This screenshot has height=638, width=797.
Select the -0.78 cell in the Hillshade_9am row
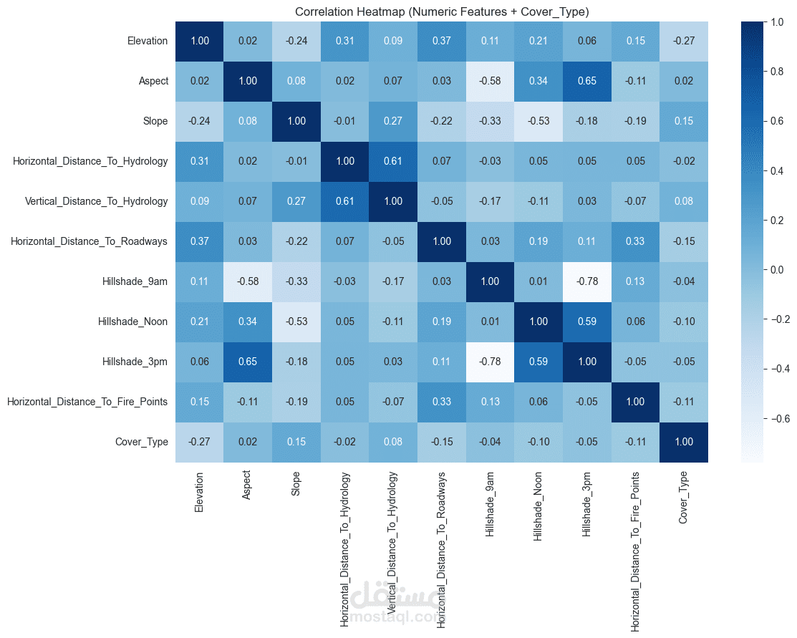click(587, 281)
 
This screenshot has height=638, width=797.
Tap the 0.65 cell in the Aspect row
click(587, 81)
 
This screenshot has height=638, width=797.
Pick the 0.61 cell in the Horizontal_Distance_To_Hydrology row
click(394, 161)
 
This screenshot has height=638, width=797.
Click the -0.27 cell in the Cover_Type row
click(201, 442)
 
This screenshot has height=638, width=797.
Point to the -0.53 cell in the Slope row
click(539, 121)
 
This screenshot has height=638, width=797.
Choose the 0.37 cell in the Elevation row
click(443, 41)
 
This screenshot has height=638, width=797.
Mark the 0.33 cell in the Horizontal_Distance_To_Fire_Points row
click(443, 402)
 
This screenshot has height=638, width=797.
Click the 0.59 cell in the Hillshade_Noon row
click(587, 322)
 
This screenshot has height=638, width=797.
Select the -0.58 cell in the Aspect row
click(491, 81)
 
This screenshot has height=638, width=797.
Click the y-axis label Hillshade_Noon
click(133, 322)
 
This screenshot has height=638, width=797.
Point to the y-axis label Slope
click(156, 121)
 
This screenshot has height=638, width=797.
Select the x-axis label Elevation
click(200, 493)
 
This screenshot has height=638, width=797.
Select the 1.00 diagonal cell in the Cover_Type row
click(684, 442)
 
